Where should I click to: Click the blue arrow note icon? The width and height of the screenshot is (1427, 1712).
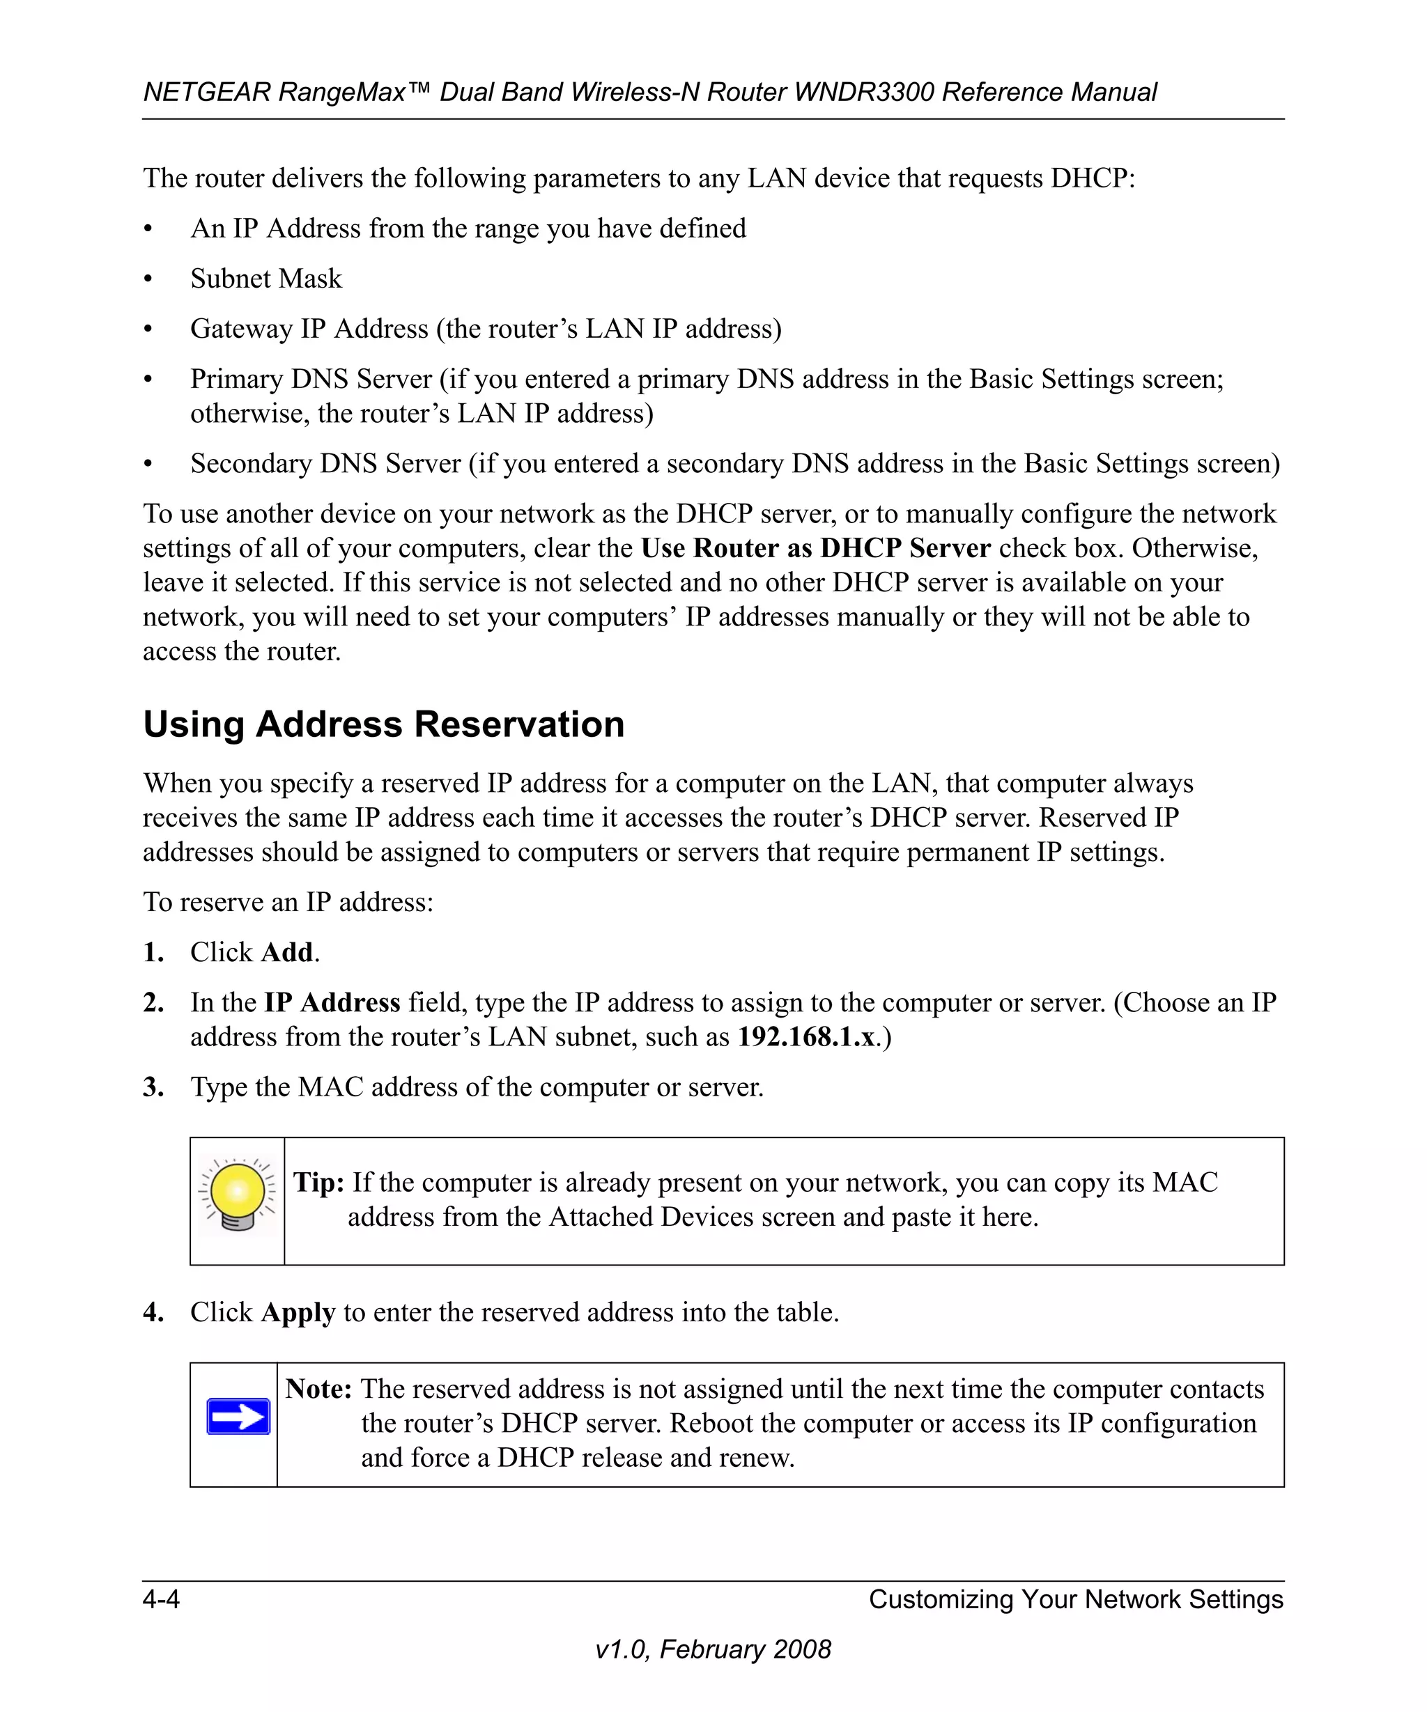click(x=238, y=1416)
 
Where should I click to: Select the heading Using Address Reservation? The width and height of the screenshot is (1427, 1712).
click(x=383, y=724)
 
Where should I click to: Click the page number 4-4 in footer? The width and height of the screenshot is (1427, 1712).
click(x=161, y=1598)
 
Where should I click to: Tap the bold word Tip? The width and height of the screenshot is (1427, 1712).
click(x=319, y=1182)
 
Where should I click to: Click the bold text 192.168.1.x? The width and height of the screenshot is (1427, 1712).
click(x=805, y=1037)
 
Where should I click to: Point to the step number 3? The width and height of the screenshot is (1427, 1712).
click(x=153, y=1087)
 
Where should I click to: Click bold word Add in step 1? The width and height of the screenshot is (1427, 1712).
click(x=287, y=952)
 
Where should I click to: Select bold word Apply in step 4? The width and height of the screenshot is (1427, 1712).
click(x=298, y=1312)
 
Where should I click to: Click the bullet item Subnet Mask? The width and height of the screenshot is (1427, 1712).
click(x=266, y=279)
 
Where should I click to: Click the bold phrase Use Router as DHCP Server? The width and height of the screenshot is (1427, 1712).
click(x=815, y=548)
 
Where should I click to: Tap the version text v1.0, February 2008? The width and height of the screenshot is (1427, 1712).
click(x=713, y=1649)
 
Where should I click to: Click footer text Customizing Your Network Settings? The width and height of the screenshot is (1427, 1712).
click(x=1076, y=1598)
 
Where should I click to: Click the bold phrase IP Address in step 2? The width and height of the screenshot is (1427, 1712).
click(x=332, y=1002)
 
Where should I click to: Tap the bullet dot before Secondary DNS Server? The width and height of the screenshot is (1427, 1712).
click(x=148, y=464)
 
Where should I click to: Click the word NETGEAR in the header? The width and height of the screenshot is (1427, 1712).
click(x=207, y=92)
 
